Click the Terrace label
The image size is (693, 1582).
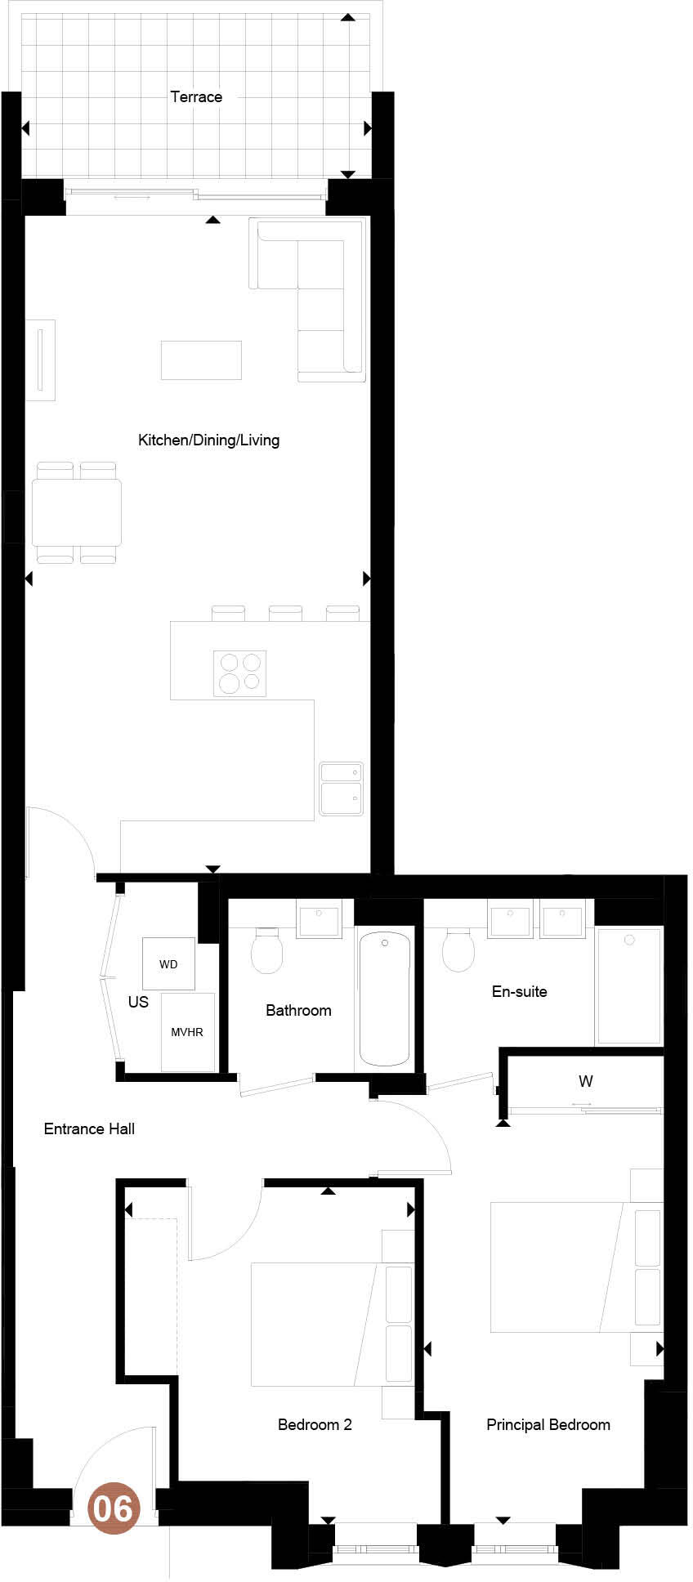point(196,96)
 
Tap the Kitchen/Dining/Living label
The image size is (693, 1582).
point(208,440)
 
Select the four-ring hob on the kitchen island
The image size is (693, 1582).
point(239,673)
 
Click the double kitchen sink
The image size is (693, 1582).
point(341,789)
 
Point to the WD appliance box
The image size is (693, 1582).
point(168,964)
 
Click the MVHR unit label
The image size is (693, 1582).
point(187,1032)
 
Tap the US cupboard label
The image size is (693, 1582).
point(138,1002)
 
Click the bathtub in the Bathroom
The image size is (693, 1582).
point(384,998)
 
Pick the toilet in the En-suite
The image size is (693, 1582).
point(458,950)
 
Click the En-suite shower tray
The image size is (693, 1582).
point(628,985)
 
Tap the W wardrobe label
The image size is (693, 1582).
point(585,1081)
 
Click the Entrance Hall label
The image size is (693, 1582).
point(89,1128)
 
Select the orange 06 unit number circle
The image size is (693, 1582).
point(114,1507)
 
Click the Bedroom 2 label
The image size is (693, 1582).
point(315,1424)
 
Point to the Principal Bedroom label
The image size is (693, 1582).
point(548,1424)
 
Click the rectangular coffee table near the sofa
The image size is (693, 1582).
point(201,360)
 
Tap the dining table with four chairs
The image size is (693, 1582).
point(77,512)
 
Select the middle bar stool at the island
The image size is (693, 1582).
point(285,613)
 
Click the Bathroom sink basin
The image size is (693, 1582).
point(319,920)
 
